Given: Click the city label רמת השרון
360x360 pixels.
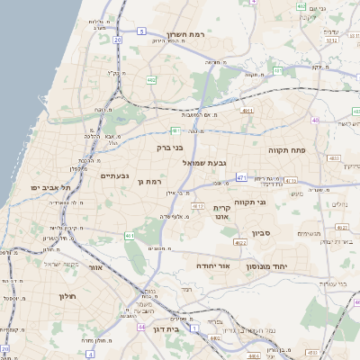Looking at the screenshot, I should tap(205, 33).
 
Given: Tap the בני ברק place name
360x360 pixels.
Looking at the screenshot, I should tap(169, 146).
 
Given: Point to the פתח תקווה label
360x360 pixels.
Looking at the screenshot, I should tap(287, 150).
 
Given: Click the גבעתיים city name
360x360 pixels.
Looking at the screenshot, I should tap(114, 175).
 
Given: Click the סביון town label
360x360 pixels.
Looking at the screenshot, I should tap(287, 233).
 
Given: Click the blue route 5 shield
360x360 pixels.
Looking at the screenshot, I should tap(141, 31).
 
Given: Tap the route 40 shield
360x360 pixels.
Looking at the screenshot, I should tap(315, 120).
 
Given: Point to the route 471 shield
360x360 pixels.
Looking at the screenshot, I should tap(241, 178).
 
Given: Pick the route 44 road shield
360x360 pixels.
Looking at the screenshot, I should tap(141, 328).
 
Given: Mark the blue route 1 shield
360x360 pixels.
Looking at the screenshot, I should tap(90, 354).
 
